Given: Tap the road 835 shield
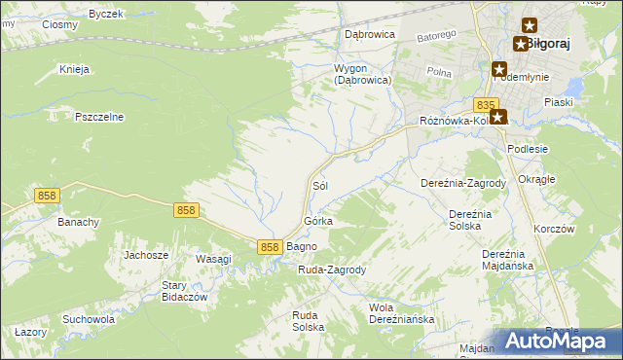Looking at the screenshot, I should [488, 104].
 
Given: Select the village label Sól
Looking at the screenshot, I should [318, 185].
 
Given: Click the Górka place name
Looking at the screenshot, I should [318, 221].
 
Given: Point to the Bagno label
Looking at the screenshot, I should [302, 247].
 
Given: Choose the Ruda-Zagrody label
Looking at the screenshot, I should [331, 270].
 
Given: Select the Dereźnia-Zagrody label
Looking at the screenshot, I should [463, 183].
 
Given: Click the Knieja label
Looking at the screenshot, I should [74, 69].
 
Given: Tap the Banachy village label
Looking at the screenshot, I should [79, 222].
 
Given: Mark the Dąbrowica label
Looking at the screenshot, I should [369, 33].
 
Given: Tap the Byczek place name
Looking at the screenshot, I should [105, 14].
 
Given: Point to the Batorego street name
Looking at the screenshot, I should [437, 36].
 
